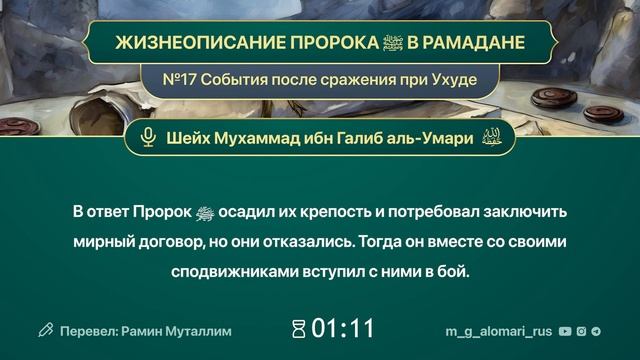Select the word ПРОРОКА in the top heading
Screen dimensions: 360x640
coord(314,44)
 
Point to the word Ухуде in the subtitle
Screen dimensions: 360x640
coord(450,78)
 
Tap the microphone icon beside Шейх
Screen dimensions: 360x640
coord(149,138)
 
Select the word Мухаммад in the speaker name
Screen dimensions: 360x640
coord(262,138)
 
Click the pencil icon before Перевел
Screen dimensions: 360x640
coord(45,329)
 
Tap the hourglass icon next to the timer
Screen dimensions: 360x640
coord(298,328)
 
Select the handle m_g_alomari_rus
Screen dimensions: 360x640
coord(498,329)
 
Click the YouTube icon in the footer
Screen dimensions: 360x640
coord(566,329)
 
